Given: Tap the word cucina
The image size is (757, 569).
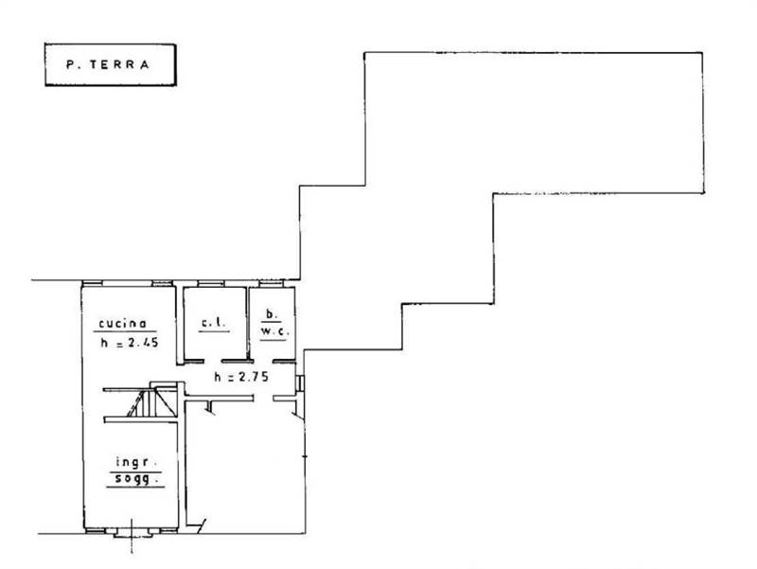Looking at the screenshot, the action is (122, 323).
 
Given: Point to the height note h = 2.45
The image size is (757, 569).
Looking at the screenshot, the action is (130, 343).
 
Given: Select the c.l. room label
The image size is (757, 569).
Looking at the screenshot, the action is (213, 323).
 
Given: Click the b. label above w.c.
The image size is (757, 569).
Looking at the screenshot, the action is (272, 314).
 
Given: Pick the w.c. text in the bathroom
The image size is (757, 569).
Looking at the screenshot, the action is (274, 331).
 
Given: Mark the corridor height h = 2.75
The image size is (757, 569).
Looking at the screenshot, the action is (241, 377).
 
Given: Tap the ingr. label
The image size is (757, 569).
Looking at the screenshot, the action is (137, 463).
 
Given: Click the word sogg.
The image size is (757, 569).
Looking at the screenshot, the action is (137, 480).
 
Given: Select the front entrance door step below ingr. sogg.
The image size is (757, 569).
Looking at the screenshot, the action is (132, 533).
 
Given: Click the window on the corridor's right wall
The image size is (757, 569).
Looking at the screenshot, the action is (300, 383).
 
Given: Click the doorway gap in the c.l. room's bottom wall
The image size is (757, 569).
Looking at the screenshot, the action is (212, 361).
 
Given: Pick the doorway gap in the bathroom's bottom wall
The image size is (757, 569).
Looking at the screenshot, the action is (263, 361).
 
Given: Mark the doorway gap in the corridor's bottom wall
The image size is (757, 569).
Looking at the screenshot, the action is (263, 398).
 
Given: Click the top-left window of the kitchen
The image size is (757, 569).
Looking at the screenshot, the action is (92, 283).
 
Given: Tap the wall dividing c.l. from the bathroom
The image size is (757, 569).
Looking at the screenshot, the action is (248, 324).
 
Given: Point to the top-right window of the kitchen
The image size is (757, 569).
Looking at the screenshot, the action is (162, 283).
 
